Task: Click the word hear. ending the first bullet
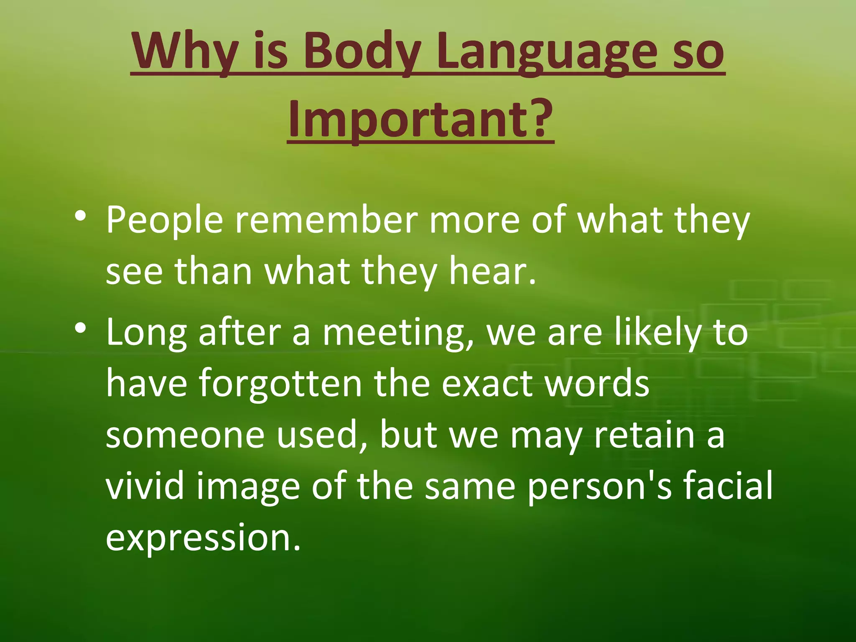(492, 272)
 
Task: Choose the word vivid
(145, 487)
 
